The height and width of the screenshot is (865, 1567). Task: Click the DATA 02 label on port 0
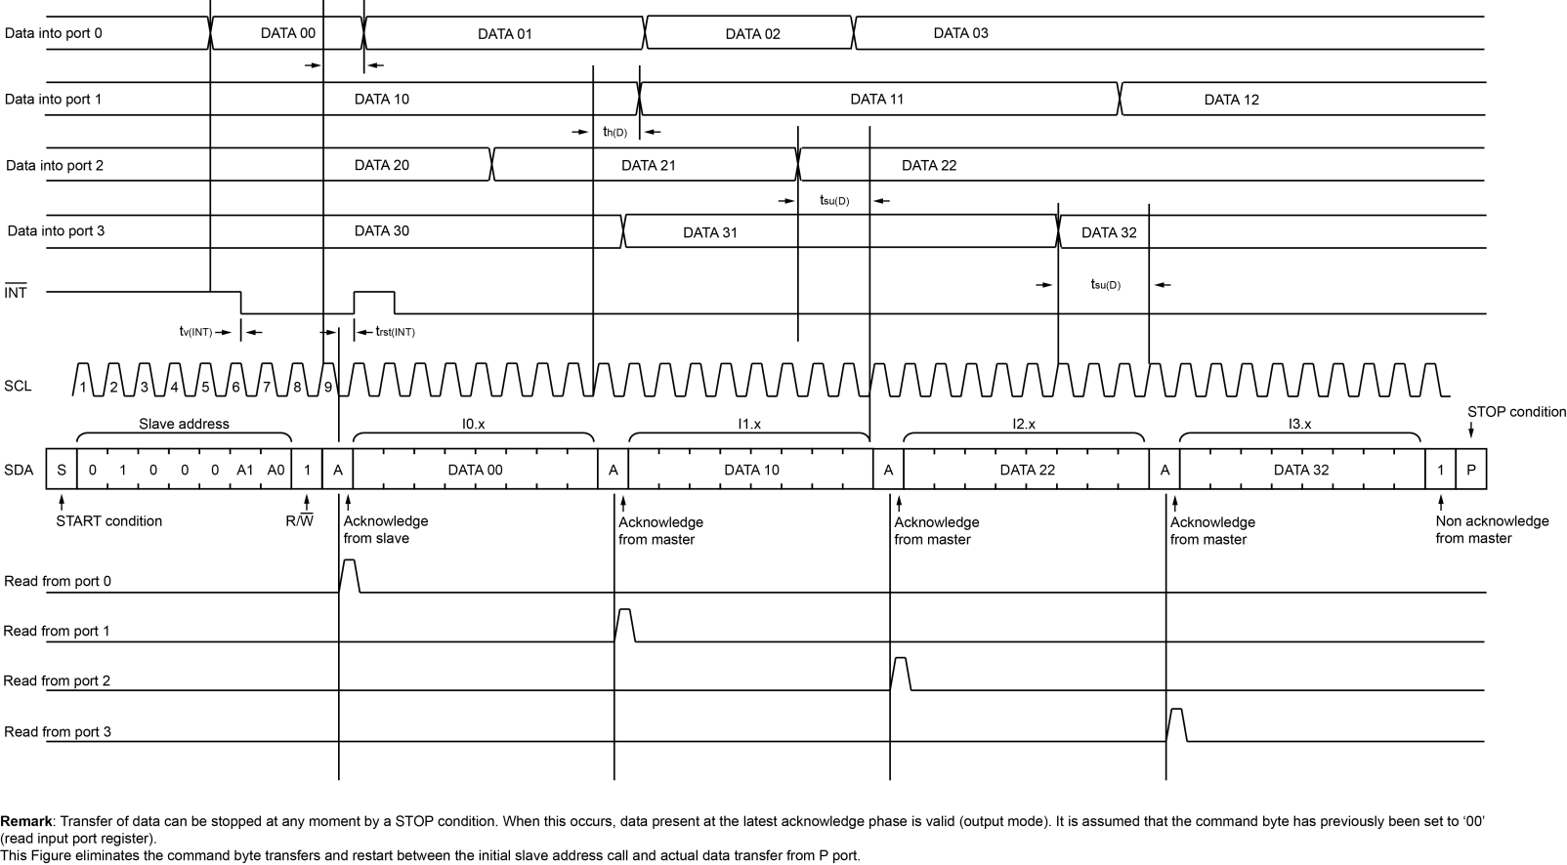click(752, 34)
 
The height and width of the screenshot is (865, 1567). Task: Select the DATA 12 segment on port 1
click(1231, 100)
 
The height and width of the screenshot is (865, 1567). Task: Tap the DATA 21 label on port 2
click(648, 165)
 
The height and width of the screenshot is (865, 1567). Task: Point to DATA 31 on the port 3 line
click(710, 232)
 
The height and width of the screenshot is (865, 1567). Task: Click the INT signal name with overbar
click(16, 292)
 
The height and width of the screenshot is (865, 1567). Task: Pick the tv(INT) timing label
click(189, 332)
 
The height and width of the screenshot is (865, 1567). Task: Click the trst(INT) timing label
click(395, 332)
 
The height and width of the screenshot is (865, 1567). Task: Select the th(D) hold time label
click(614, 132)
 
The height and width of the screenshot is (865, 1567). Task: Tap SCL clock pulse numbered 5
click(205, 387)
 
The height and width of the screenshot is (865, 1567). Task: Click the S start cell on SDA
click(62, 470)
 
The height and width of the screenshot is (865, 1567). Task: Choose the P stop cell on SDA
click(1470, 470)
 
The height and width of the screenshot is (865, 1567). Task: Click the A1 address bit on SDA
click(245, 470)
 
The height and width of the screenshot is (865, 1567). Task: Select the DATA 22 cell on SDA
click(1027, 470)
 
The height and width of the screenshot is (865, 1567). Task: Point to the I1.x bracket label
click(749, 424)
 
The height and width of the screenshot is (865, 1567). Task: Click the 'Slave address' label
click(184, 424)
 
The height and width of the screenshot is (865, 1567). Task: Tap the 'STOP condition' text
click(1516, 412)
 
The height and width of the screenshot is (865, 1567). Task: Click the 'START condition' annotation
click(109, 521)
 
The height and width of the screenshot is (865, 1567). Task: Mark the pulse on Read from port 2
click(901, 673)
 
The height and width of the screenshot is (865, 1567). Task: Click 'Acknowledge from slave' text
click(385, 529)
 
